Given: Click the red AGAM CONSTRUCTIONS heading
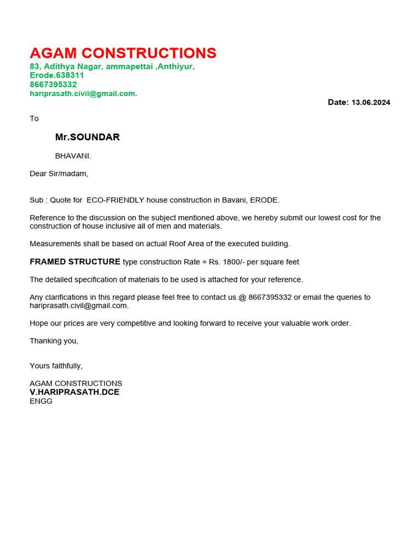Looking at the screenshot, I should click(123, 53).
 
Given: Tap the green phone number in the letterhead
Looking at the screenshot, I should click(53, 85).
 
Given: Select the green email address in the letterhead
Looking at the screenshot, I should click(83, 93).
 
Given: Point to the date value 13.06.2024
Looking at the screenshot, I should click(371, 103).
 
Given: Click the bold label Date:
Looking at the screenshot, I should click(338, 102).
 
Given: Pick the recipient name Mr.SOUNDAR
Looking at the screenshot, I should click(87, 137).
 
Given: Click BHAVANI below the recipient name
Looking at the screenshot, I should click(73, 156).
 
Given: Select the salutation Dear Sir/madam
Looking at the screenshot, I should click(59, 174).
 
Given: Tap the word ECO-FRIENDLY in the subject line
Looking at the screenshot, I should click(115, 200).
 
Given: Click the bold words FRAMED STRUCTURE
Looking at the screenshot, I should click(75, 261).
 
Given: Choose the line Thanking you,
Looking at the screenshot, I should click(54, 341).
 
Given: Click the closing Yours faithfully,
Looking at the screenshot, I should click(56, 366).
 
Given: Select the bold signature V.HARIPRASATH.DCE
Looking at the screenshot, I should click(74, 392).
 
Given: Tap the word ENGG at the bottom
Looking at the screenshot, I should click(41, 401).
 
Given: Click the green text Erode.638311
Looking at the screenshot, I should click(57, 75).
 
